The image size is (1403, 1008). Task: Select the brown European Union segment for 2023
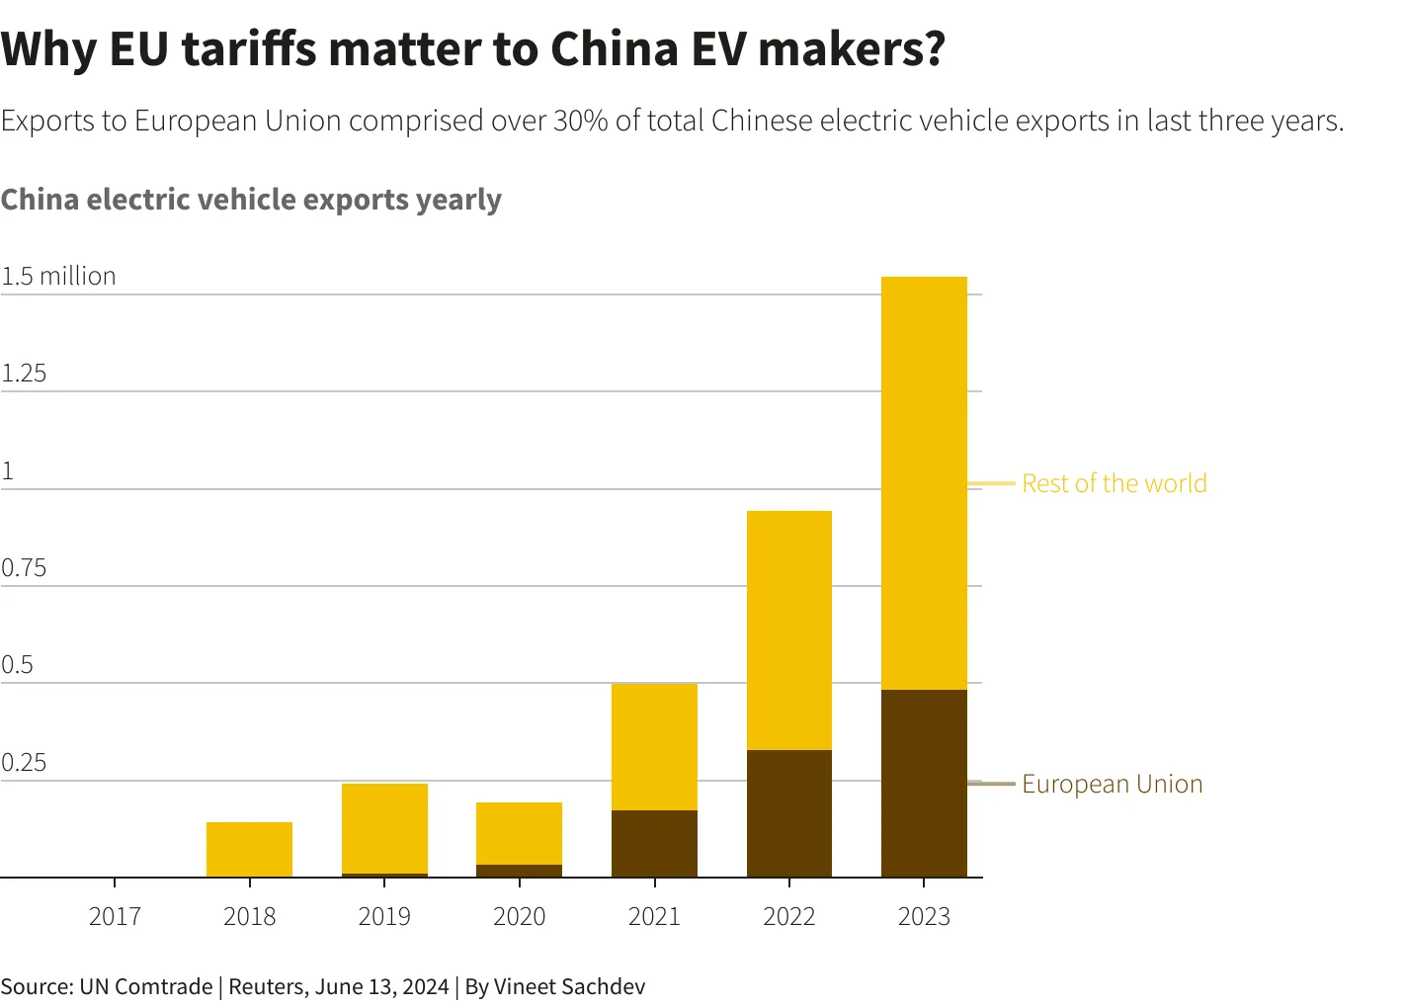pyautogui.click(x=924, y=783)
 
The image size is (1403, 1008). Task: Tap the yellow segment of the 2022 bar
pyautogui.click(x=788, y=630)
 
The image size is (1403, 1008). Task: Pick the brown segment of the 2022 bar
pyautogui.click(x=788, y=813)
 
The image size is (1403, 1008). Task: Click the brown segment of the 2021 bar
pyautogui.click(x=654, y=843)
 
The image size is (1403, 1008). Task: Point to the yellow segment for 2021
pyautogui.click(x=654, y=746)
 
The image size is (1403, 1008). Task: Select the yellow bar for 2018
pyautogui.click(x=249, y=849)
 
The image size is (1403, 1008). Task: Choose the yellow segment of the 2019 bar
pyautogui.click(x=384, y=828)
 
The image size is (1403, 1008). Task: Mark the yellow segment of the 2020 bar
pyautogui.click(x=519, y=833)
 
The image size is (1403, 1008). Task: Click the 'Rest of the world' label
pyautogui.click(x=1114, y=483)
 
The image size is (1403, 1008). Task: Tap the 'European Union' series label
pyautogui.click(x=1112, y=784)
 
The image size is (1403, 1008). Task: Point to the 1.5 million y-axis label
pyautogui.click(x=58, y=276)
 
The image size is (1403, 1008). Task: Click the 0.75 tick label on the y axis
pyautogui.click(x=24, y=568)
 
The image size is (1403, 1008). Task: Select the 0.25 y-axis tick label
pyautogui.click(x=24, y=763)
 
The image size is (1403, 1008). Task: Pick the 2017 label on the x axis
pyautogui.click(x=115, y=916)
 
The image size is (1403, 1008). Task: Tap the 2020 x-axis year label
pyautogui.click(x=519, y=916)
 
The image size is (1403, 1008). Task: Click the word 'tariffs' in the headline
pyautogui.click(x=250, y=48)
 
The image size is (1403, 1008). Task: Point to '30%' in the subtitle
pyautogui.click(x=580, y=121)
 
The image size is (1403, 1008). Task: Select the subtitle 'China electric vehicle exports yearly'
pyautogui.click(x=251, y=200)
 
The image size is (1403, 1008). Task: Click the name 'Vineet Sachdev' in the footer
pyautogui.click(x=569, y=986)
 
